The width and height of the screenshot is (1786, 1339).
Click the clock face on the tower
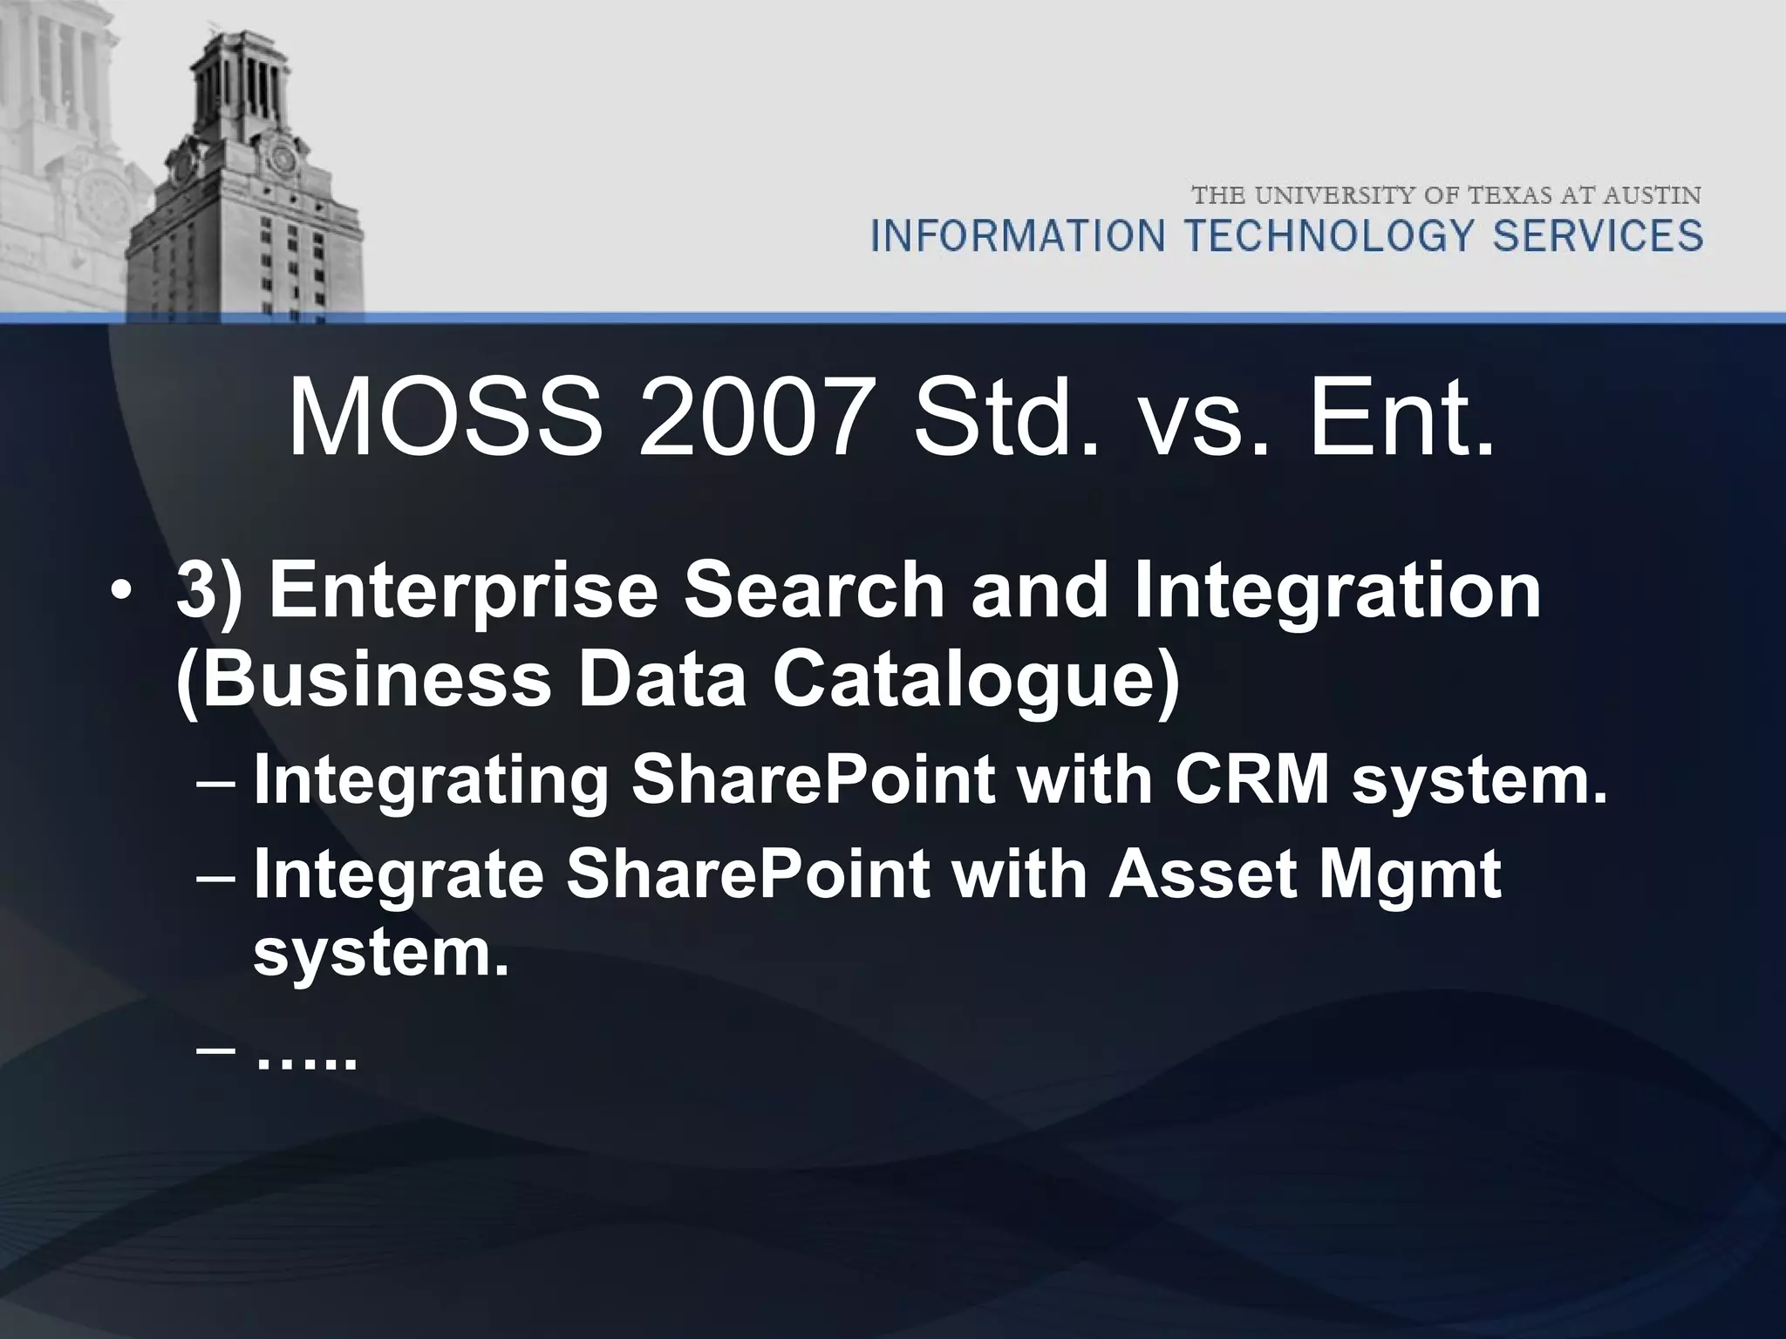[x=282, y=159]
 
